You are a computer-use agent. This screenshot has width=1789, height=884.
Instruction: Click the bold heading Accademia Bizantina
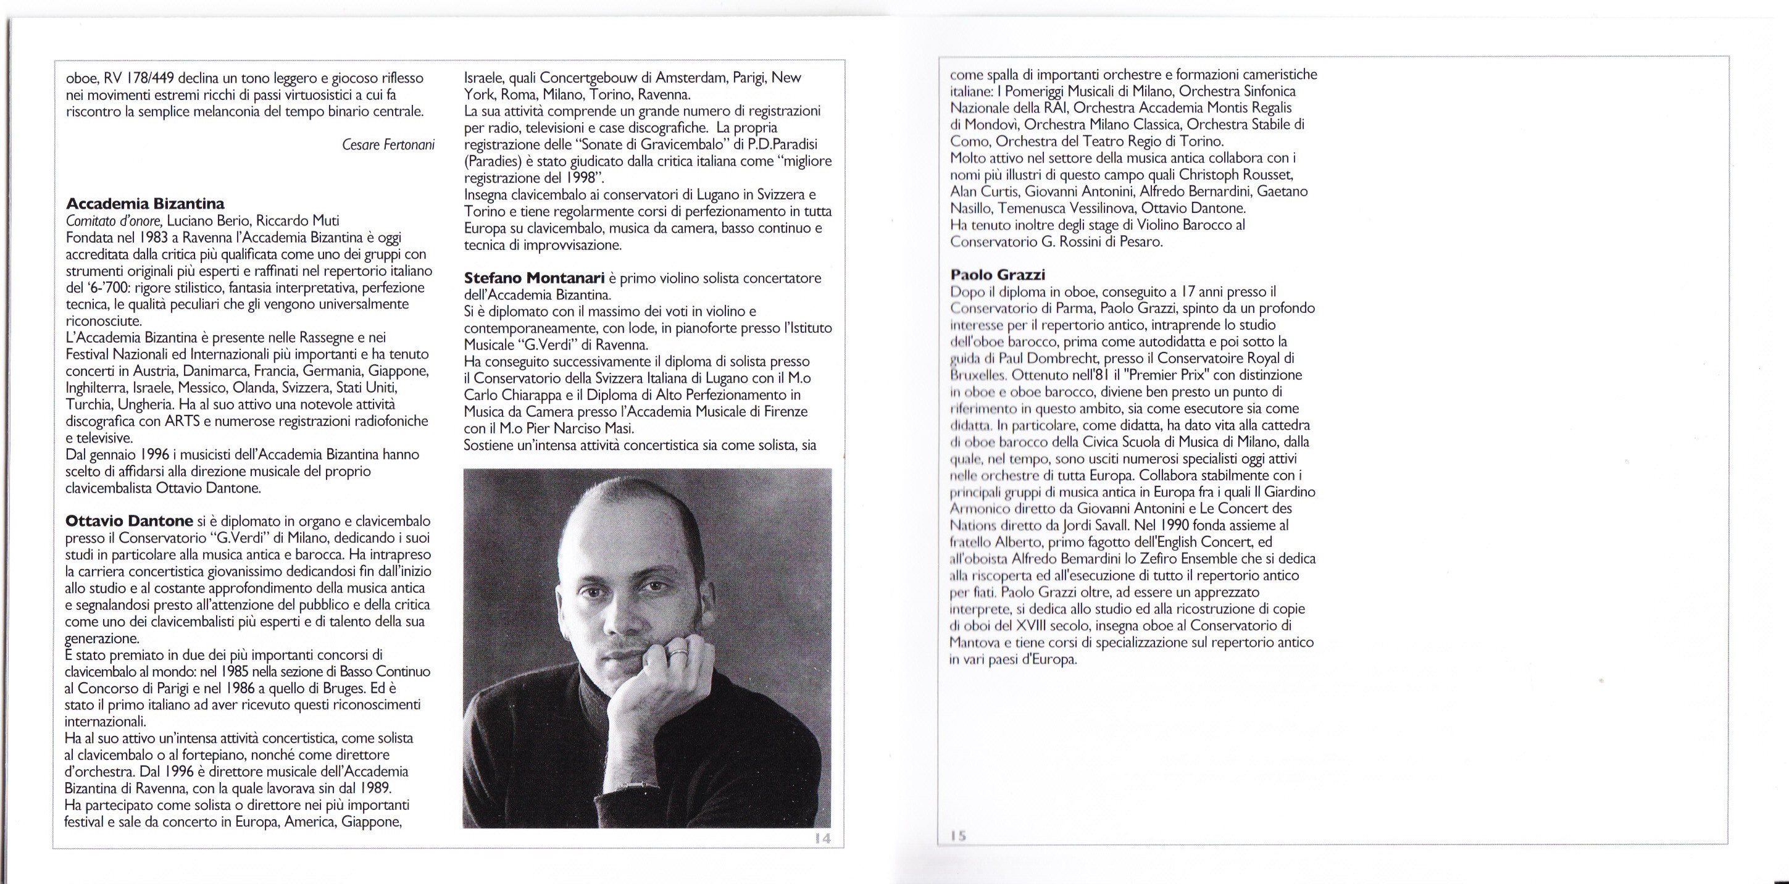(x=144, y=204)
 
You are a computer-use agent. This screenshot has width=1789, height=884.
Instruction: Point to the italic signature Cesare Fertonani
(x=388, y=144)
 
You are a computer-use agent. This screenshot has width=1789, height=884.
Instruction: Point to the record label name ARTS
(x=183, y=422)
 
